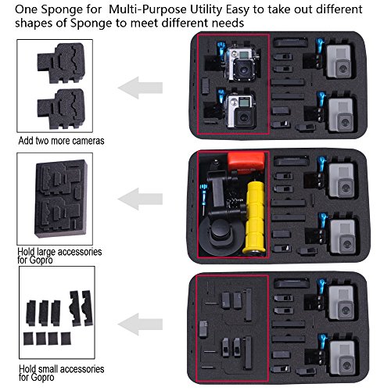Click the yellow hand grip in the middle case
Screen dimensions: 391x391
[x=254, y=217]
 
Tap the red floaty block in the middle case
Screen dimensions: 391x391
[x=246, y=162]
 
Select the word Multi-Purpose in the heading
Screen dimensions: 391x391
[x=148, y=10]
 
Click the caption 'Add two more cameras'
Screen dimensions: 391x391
[x=61, y=141]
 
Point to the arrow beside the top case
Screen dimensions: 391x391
[x=140, y=88]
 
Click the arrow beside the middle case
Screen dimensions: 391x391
[x=140, y=199]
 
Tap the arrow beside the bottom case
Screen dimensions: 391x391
[x=140, y=325]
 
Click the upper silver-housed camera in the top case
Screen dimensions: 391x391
[x=241, y=64]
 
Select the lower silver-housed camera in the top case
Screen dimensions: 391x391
[x=240, y=111]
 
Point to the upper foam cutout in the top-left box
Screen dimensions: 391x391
[x=62, y=63]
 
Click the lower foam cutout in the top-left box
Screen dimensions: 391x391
[x=62, y=109]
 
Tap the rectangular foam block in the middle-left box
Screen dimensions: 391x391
[x=61, y=199]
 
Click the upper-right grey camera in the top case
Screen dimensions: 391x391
[x=339, y=62]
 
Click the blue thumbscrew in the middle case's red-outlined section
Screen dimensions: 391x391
[x=204, y=194]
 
